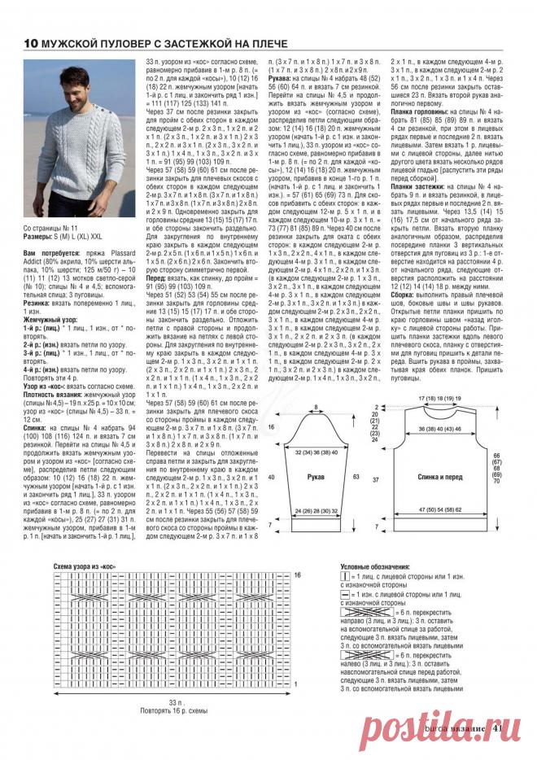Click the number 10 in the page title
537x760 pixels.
(30, 42)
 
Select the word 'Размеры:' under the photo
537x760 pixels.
(37, 239)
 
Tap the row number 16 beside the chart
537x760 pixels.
(298, 575)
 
